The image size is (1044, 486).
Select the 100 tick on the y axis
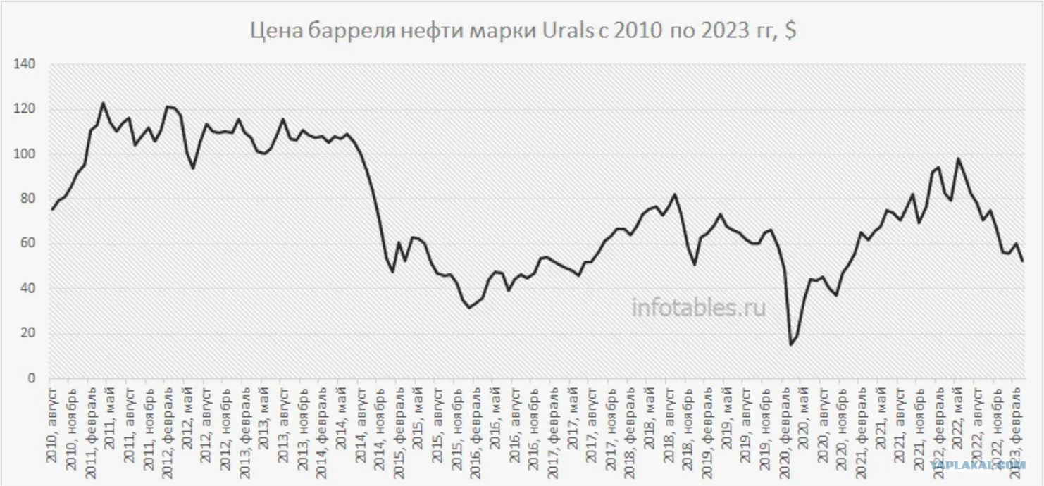click(x=25, y=154)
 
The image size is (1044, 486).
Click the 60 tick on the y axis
click(x=27, y=244)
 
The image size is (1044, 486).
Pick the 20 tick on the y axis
click(x=27, y=333)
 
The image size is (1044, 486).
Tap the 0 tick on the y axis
click(x=30, y=378)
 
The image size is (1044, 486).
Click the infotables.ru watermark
click(x=698, y=307)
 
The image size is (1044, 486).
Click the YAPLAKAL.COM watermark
click(x=978, y=465)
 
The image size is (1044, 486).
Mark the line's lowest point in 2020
click(x=790, y=344)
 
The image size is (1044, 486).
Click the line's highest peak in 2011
click(x=103, y=104)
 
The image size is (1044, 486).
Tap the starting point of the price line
click(x=52, y=209)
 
